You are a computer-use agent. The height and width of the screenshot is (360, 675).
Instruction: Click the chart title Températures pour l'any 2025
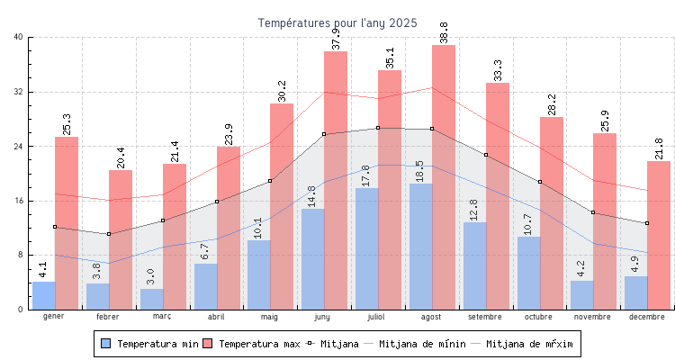[x=337, y=22]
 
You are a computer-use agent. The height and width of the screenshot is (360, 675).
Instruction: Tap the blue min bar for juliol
[x=366, y=252]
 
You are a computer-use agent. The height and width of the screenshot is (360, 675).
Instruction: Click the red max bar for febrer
[x=121, y=243]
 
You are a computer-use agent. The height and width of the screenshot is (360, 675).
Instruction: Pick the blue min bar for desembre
[x=635, y=292]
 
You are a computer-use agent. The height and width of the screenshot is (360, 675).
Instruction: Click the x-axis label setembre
[x=486, y=317]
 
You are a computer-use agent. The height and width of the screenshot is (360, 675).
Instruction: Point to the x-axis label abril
[x=216, y=317]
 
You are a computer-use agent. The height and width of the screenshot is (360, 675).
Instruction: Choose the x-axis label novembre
[x=593, y=317]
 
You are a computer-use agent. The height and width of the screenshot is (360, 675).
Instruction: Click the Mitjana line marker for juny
[x=324, y=134]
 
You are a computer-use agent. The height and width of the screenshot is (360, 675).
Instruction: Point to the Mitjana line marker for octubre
[x=539, y=182]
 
